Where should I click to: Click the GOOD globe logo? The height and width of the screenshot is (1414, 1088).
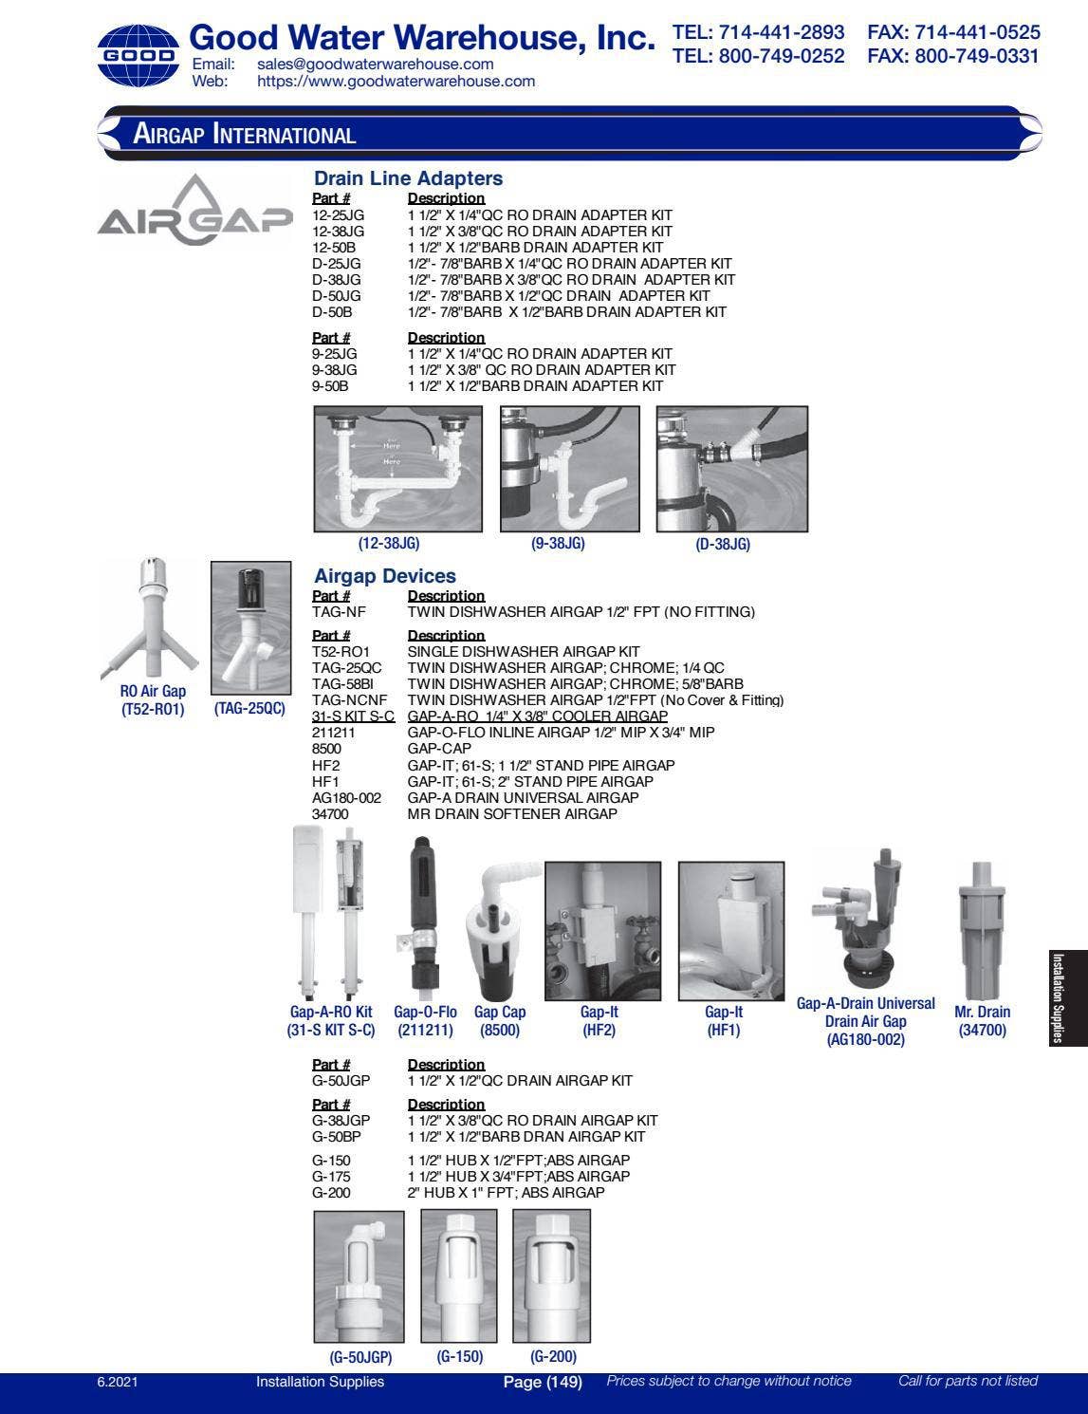coord(138,55)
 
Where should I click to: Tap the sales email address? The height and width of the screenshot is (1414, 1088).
coord(375,65)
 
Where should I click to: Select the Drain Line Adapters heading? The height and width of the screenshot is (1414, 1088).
coord(408,178)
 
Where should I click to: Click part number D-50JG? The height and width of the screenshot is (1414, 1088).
coord(336,296)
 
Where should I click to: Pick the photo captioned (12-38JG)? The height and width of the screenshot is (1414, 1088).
coord(397,469)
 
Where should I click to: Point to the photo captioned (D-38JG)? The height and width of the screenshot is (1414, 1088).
coord(731,469)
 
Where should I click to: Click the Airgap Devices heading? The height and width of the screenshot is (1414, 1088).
coord(384,576)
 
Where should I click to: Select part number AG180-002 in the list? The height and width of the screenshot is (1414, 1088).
coord(346,798)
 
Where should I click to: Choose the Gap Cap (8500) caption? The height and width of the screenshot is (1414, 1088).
coord(500,1021)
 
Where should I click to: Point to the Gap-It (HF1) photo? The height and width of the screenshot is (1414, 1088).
coord(724,931)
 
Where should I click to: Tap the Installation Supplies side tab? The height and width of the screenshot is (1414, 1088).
coord(1069,997)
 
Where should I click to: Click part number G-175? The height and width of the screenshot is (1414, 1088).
coord(331,1177)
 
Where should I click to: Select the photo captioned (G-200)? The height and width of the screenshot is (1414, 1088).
coord(551,1275)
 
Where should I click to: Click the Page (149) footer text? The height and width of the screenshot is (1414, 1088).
coord(542,1382)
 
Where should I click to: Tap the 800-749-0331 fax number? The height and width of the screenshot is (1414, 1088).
coord(952,56)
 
